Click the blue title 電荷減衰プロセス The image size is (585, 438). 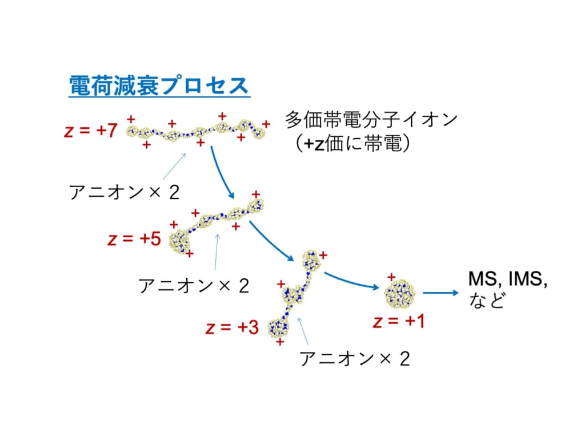[x=159, y=86]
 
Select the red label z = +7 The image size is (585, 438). [x=91, y=131]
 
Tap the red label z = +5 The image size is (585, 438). [x=134, y=238]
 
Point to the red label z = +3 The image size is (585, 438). [x=232, y=327]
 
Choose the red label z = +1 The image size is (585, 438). [x=399, y=321]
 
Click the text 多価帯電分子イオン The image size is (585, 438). [x=371, y=120]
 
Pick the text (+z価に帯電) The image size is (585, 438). [x=352, y=143]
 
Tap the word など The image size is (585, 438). [x=487, y=301]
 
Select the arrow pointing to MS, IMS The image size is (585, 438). [x=440, y=293]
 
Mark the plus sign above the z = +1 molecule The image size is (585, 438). [x=391, y=277]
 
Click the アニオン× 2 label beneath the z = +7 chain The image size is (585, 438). [x=124, y=193]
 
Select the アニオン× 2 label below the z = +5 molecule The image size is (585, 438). [x=194, y=286]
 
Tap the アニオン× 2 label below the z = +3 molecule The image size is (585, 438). [x=355, y=359]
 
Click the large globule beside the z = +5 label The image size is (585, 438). [x=180, y=241]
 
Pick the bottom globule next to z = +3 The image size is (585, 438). [x=278, y=328]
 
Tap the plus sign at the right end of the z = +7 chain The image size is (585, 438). [x=266, y=124]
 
